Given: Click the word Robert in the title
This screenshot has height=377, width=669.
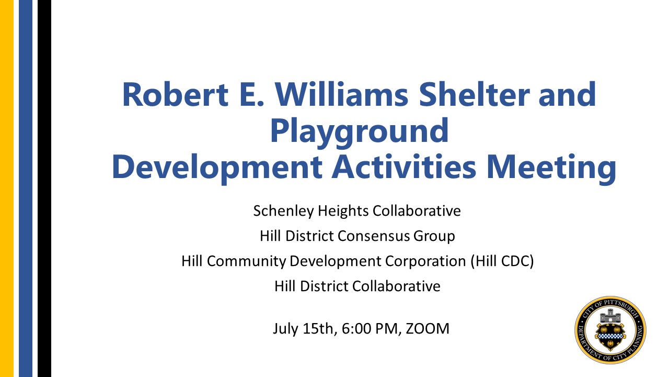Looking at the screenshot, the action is coord(175,94).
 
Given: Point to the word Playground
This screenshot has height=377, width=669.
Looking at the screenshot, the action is coord(359,131).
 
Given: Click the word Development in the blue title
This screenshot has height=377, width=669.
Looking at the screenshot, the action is coord(217,168).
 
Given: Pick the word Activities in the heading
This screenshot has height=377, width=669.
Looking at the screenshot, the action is coord(404,167).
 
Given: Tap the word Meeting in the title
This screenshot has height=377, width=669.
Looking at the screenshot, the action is coord(551,168).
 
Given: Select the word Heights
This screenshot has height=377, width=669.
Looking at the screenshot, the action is coord(343,211).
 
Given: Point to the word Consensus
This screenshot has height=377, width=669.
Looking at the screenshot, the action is coord(374,236).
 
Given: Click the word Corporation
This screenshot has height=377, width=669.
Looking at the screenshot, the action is coord(425,261).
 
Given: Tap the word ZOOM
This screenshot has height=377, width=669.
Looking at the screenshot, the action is coord(428,328).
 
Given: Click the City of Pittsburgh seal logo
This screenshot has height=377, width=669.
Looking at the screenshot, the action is coord(610,330).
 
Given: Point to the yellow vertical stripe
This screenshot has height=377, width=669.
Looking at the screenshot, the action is coord(7,188).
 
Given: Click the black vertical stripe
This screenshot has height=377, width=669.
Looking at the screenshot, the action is coord(44,188).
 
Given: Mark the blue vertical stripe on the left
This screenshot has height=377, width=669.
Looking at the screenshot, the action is coord(26,188).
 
